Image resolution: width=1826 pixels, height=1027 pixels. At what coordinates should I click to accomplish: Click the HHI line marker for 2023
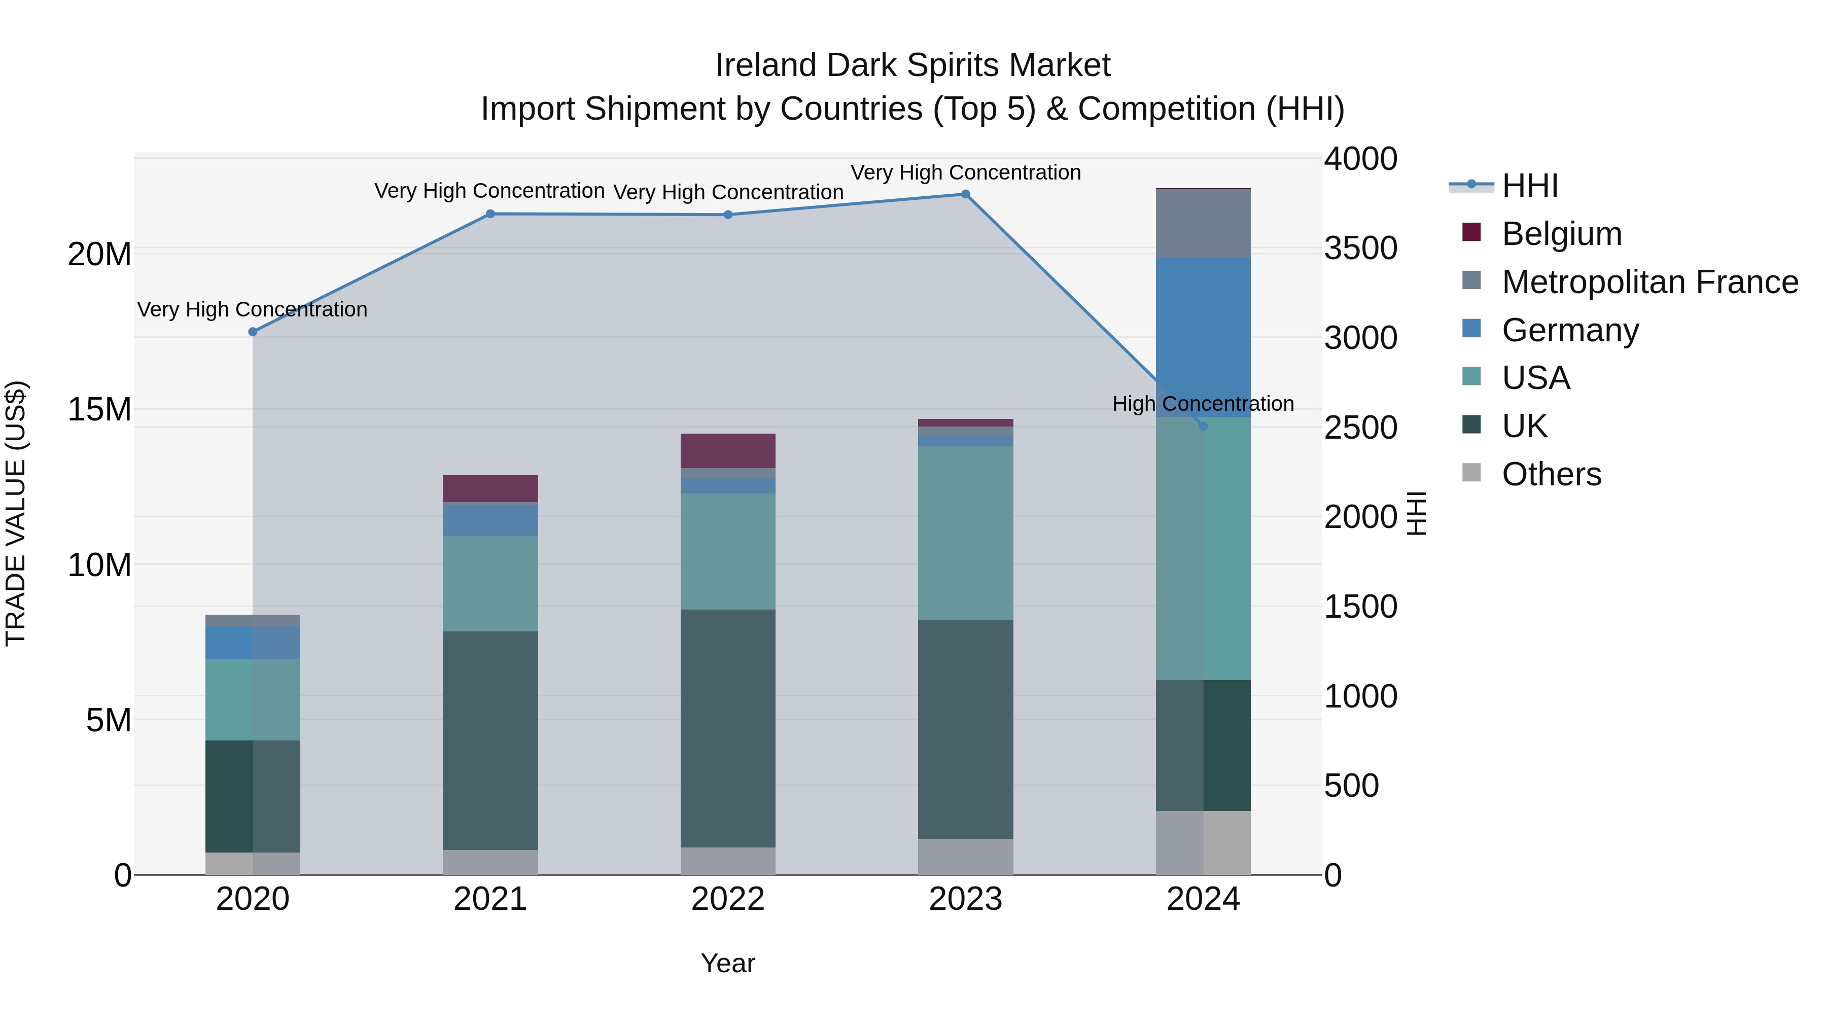(965, 194)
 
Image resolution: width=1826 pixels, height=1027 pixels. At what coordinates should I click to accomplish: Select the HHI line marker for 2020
(253, 332)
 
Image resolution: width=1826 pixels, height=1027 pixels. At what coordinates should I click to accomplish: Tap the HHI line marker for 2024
(1203, 427)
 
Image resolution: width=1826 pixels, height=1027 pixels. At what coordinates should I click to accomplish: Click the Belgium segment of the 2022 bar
(728, 451)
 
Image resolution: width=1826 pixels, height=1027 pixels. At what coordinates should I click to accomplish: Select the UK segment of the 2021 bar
(490, 740)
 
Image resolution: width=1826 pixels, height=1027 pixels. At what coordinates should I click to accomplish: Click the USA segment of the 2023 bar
(965, 533)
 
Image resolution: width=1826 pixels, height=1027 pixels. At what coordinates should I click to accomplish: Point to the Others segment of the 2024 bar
(1203, 843)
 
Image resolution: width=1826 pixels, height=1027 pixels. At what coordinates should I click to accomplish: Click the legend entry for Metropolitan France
(1649, 282)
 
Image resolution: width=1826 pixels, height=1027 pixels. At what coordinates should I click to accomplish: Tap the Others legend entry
(1551, 474)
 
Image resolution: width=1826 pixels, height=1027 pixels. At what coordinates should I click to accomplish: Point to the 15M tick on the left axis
(99, 410)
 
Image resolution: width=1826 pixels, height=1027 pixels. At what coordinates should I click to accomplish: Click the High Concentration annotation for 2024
(1203, 404)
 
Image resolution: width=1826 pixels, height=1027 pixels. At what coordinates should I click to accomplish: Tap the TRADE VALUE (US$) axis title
(16, 513)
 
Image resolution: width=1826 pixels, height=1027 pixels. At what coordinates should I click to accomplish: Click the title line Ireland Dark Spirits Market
(912, 65)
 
